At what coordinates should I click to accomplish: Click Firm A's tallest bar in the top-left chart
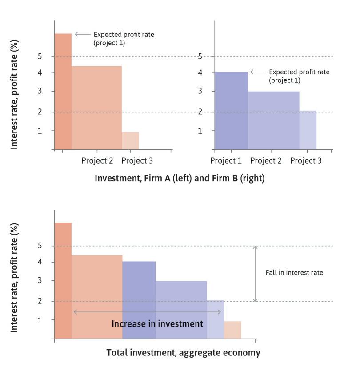[x=63, y=91]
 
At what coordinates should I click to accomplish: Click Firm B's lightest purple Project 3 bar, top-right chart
[x=308, y=130]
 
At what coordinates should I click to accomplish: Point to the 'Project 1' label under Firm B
[x=226, y=160]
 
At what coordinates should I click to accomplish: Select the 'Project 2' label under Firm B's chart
[x=266, y=160]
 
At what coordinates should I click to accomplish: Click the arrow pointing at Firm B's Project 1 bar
[x=258, y=72]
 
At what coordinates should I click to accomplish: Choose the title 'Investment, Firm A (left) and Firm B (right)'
[x=180, y=178]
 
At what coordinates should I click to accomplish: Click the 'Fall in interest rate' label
[x=294, y=272]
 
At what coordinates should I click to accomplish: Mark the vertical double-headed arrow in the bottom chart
[x=255, y=273]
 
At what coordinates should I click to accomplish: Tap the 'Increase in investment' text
[x=157, y=324]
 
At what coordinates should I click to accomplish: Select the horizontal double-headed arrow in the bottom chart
[x=147, y=312]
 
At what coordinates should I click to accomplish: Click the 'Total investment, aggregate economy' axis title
[x=183, y=353]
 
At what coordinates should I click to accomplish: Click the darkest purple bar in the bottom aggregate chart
[x=139, y=299]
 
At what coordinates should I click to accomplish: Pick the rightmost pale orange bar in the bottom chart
[x=232, y=330]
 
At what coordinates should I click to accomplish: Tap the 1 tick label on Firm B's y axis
[x=200, y=131]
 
